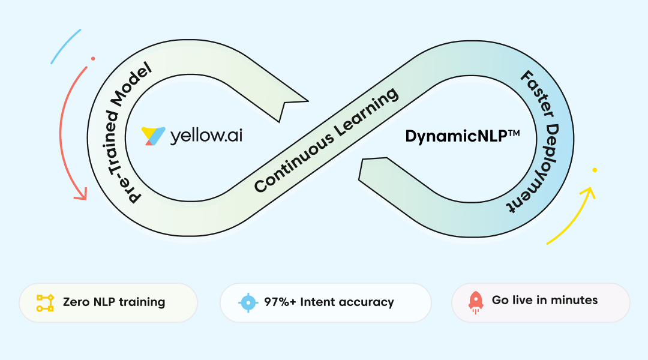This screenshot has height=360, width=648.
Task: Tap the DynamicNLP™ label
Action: [462, 136]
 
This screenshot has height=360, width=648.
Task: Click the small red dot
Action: [93, 59]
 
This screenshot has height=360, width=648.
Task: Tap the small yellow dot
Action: [595, 170]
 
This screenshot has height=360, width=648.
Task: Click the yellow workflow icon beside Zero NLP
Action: [45, 302]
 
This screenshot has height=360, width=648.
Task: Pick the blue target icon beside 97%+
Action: [248, 302]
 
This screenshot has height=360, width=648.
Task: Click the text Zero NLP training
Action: [114, 302]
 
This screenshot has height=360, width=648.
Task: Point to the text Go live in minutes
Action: [544, 300]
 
